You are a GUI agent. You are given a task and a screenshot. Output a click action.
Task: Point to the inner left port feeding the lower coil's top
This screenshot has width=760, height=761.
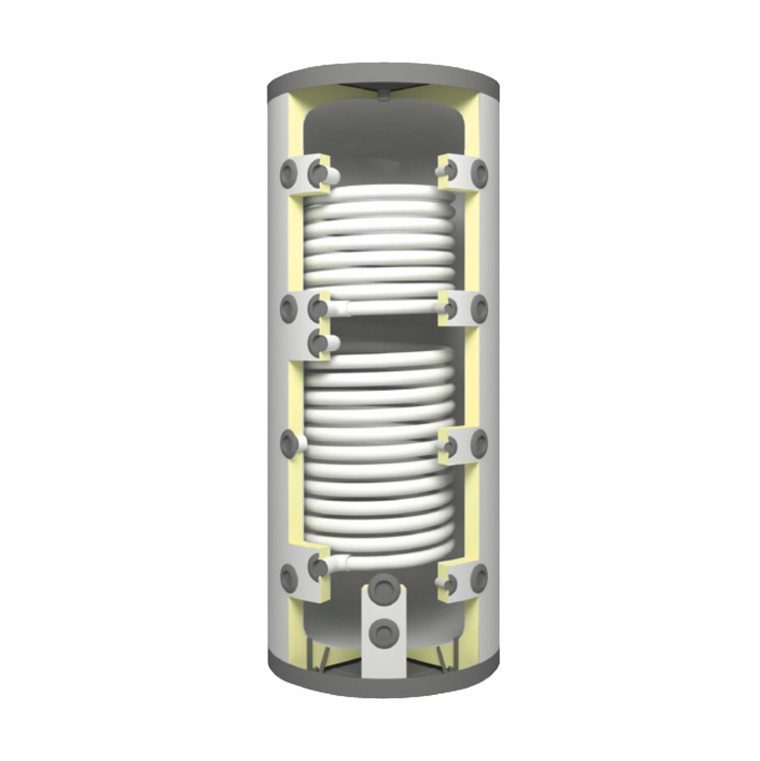[x=319, y=342]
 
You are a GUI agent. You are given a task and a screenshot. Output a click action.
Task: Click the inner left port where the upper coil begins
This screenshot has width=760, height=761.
[x=319, y=173]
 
